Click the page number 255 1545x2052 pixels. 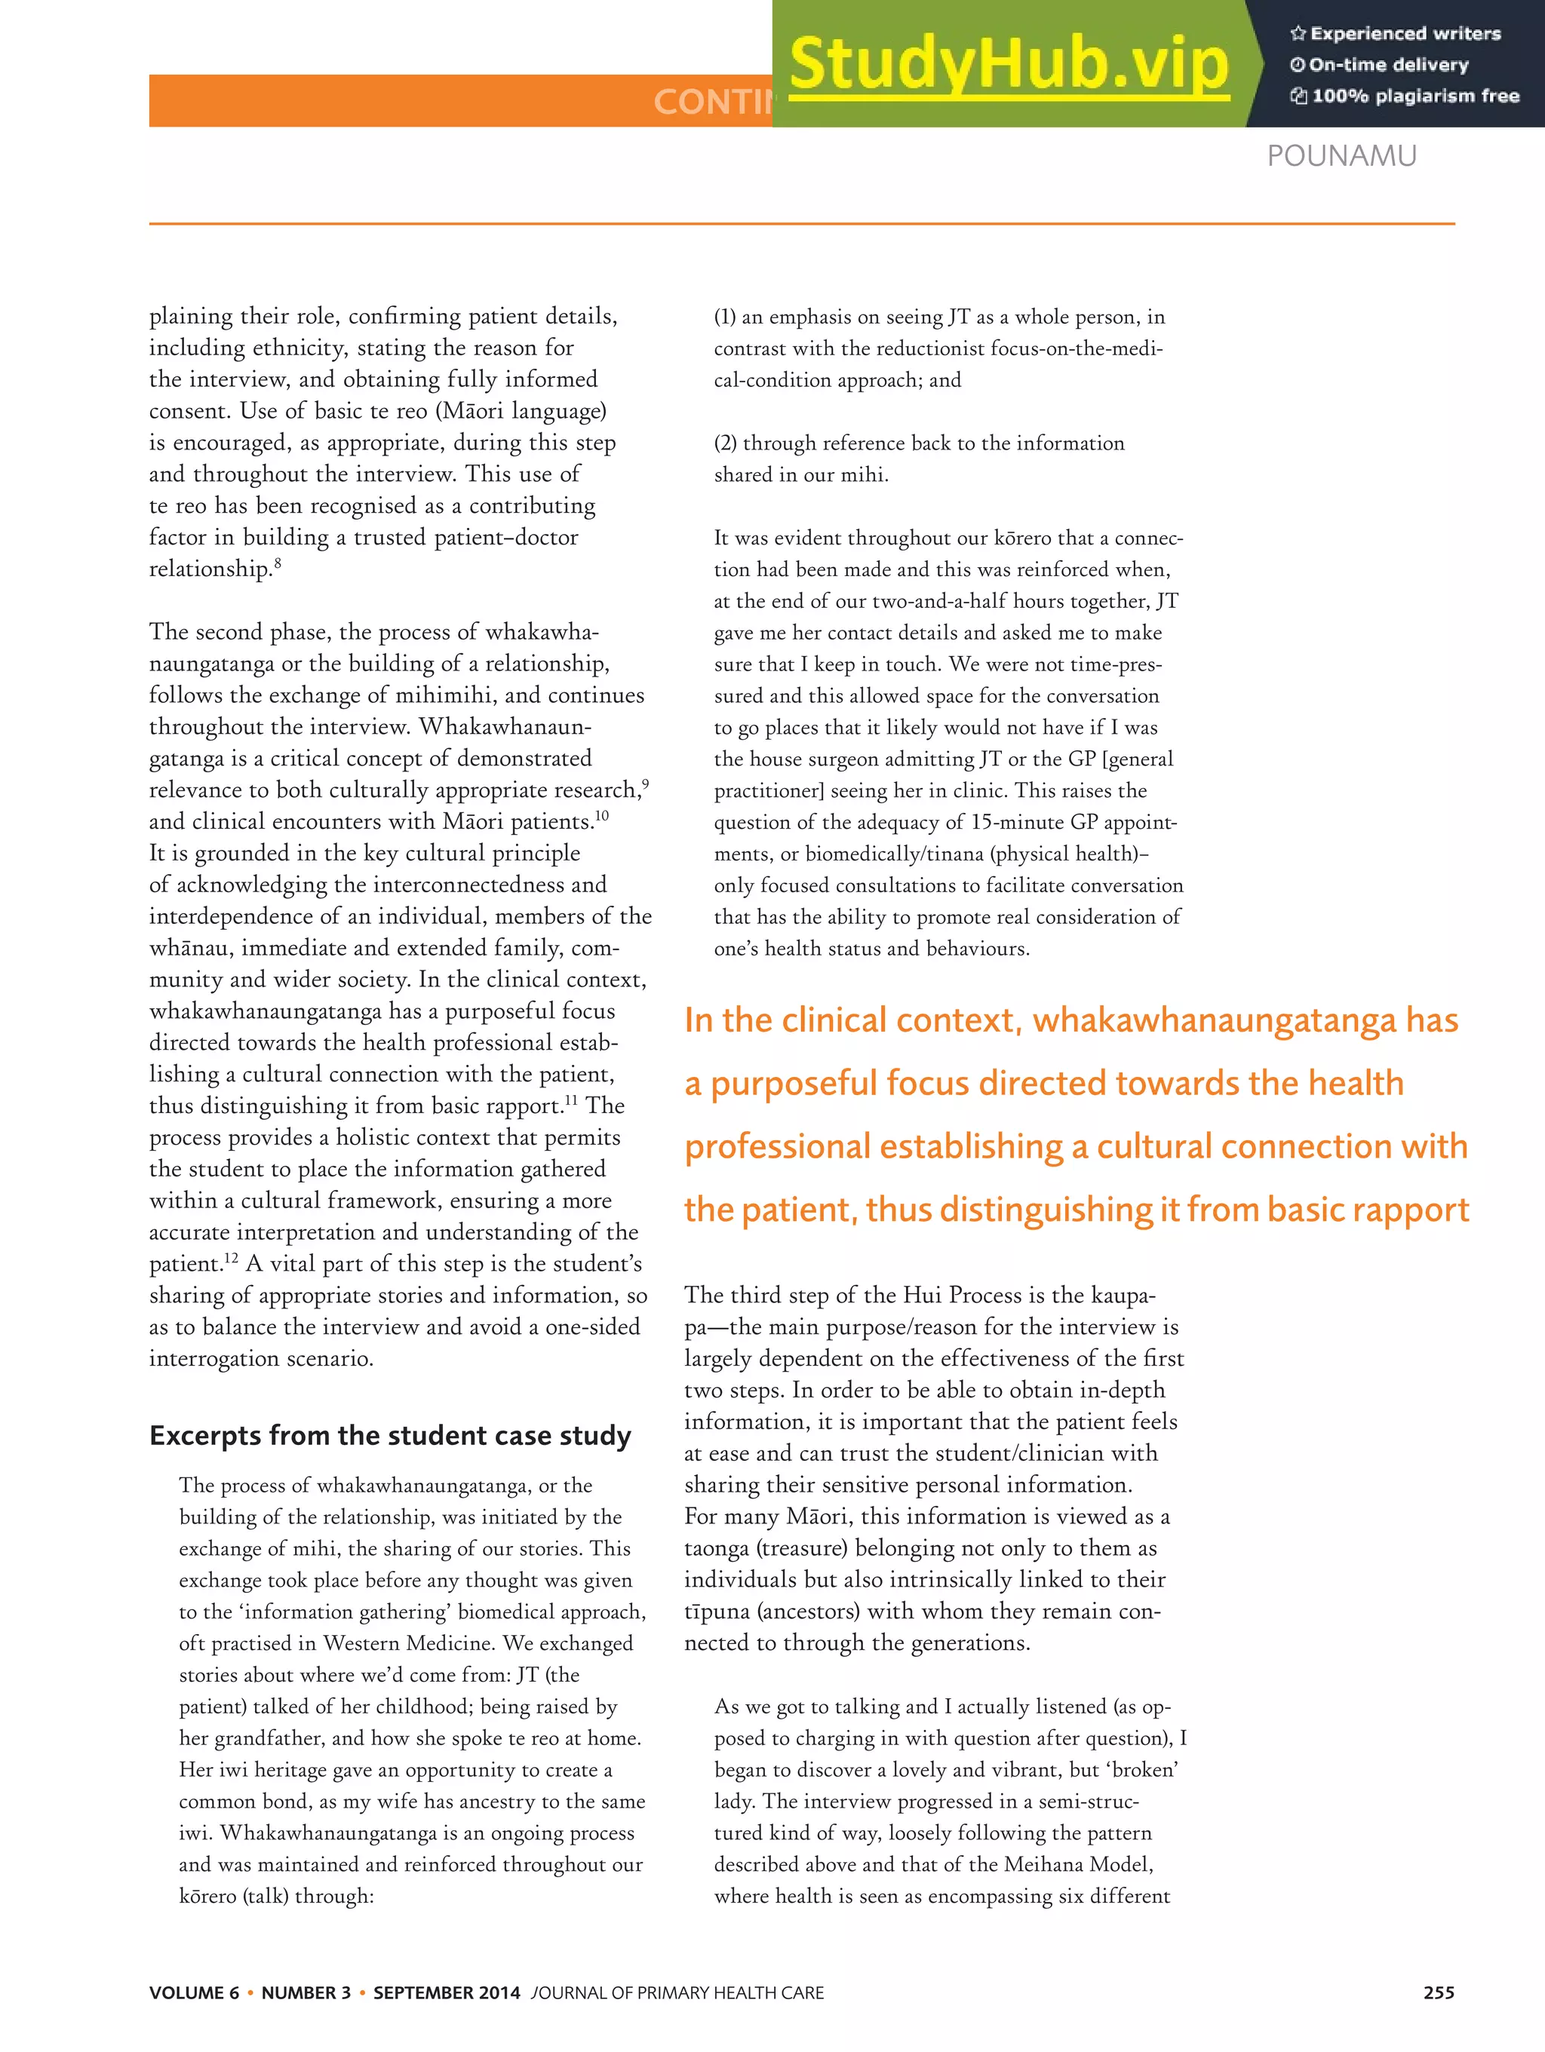[1439, 1992]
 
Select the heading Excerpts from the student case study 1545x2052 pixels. [390, 1435]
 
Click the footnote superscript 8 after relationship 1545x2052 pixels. [278, 562]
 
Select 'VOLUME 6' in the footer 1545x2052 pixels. [194, 1992]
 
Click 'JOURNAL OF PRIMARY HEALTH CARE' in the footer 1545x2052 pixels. [677, 1992]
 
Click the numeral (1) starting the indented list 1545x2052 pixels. [725, 317]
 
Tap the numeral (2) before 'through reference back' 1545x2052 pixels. [726, 443]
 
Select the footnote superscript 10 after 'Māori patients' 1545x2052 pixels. [602, 815]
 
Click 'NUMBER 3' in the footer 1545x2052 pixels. [306, 1992]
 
